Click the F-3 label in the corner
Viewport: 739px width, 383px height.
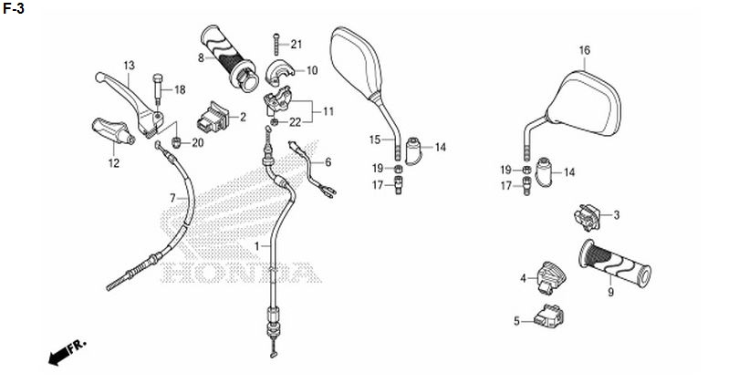(14, 8)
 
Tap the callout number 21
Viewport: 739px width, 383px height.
(296, 45)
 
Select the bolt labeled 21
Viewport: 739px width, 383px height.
(276, 45)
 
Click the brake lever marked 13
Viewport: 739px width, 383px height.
(130, 103)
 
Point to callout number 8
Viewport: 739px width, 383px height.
(201, 58)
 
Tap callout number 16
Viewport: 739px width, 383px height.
(585, 50)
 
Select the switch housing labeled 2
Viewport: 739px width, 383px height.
(213, 117)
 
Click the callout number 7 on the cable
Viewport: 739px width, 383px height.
(172, 198)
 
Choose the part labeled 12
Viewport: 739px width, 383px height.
(111, 130)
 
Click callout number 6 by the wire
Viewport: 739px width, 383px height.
(328, 162)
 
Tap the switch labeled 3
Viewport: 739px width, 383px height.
(587, 217)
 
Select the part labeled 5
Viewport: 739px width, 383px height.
(549, 316)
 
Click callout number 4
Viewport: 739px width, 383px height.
(523, 279)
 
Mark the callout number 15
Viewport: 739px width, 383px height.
(375, 140)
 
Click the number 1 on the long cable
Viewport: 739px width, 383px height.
(257, 246)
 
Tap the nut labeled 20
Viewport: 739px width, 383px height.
(176, 142)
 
